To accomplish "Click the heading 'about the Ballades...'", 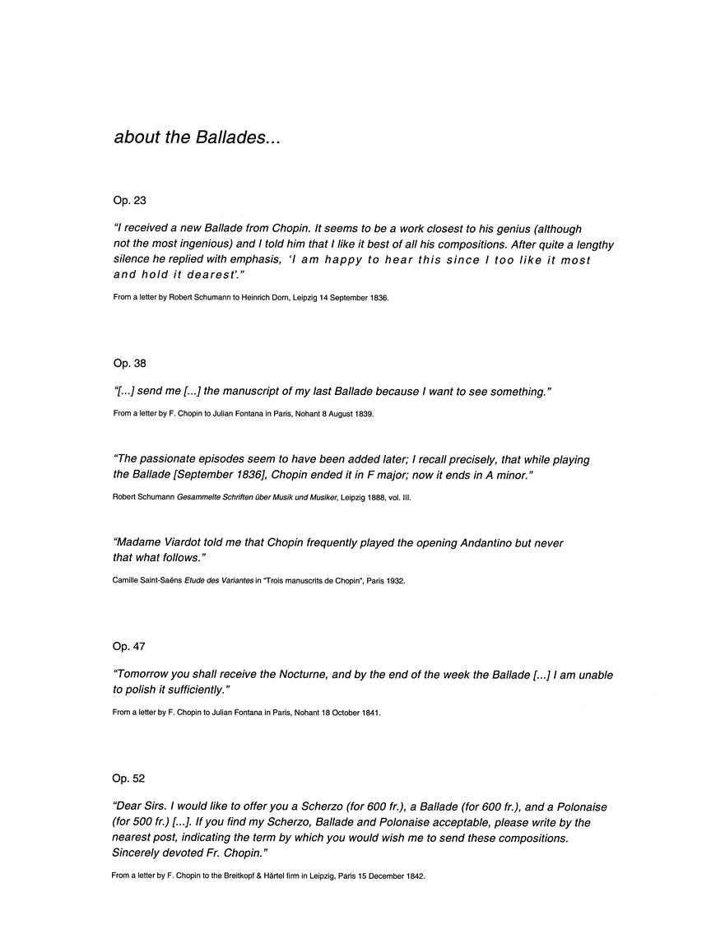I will click(x=197, y=137).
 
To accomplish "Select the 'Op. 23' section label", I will click(x=129, y=201).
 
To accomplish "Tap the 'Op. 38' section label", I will click(x=129, y=363).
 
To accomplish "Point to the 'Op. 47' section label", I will click(x=129, y=647).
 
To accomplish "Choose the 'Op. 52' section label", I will click(x=129, y=778).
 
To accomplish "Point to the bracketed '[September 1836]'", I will click(x=217, y=476).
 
